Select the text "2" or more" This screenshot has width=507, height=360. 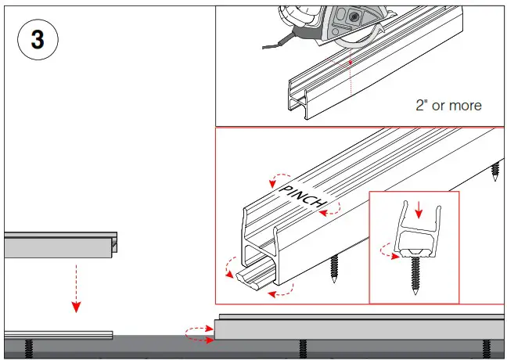pos(448,105)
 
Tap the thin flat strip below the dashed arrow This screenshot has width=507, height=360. pos(58,334)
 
